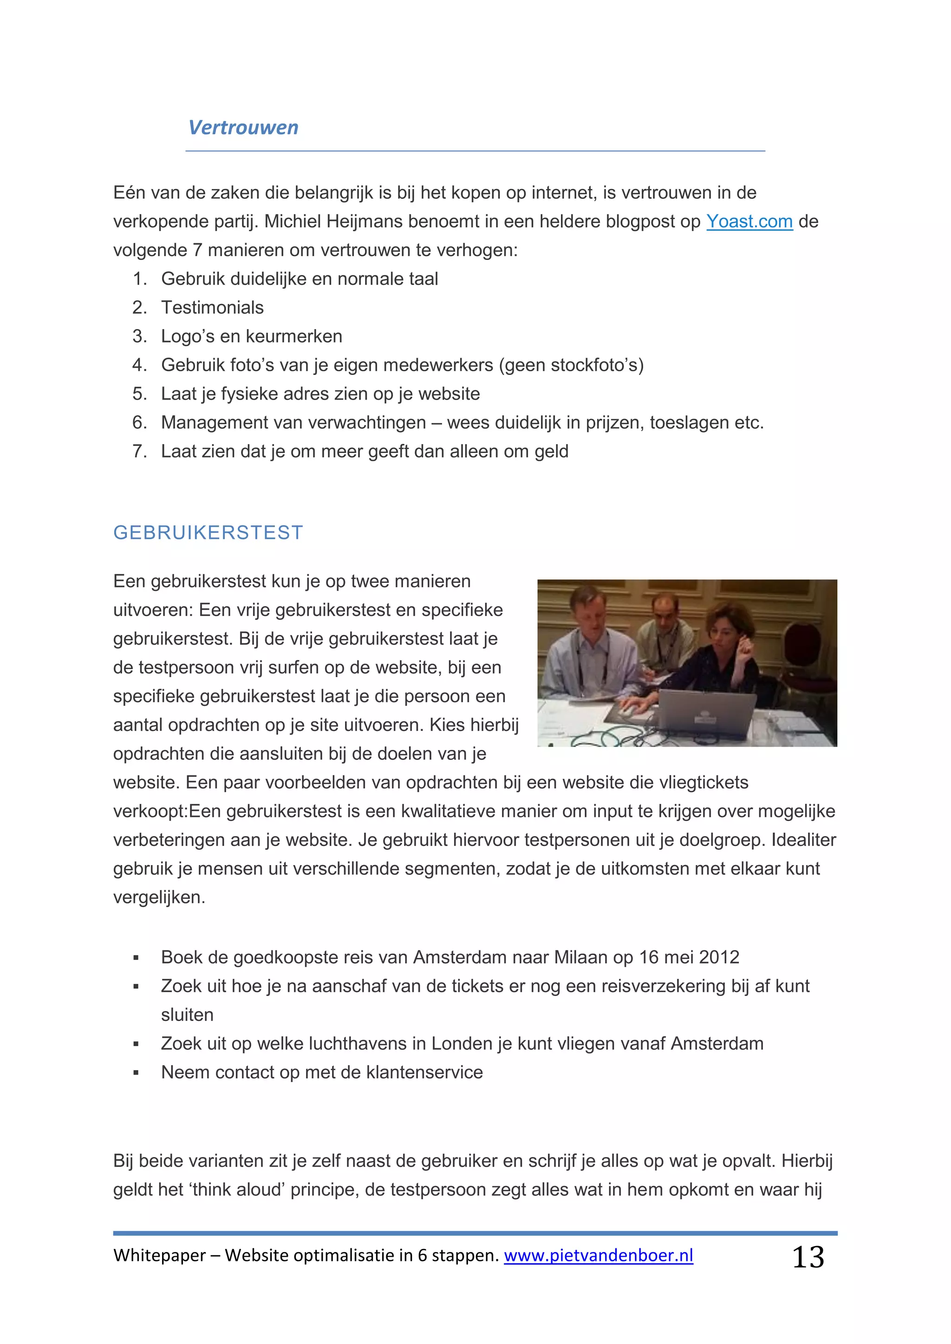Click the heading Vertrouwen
point(243,128)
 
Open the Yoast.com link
point(749,222)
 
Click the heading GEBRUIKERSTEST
point(208,533)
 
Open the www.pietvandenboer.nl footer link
point(598,1256)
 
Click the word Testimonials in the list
point(212,308)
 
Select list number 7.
point(139,451)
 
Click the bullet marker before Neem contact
point(136,1073)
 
